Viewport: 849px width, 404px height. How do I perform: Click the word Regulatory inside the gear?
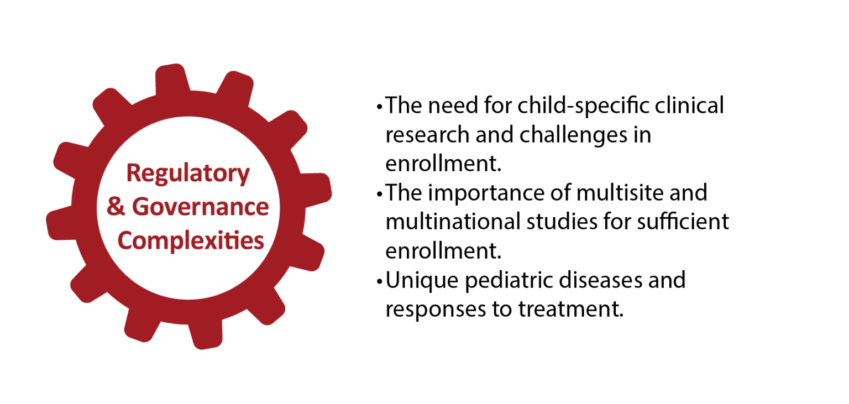point(188,174)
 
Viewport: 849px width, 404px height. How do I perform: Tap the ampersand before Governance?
point(116,207)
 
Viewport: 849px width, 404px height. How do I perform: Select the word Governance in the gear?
point(200,207)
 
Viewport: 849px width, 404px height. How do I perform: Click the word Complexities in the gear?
point(191,241)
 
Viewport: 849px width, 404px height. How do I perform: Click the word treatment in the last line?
point(569,309)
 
